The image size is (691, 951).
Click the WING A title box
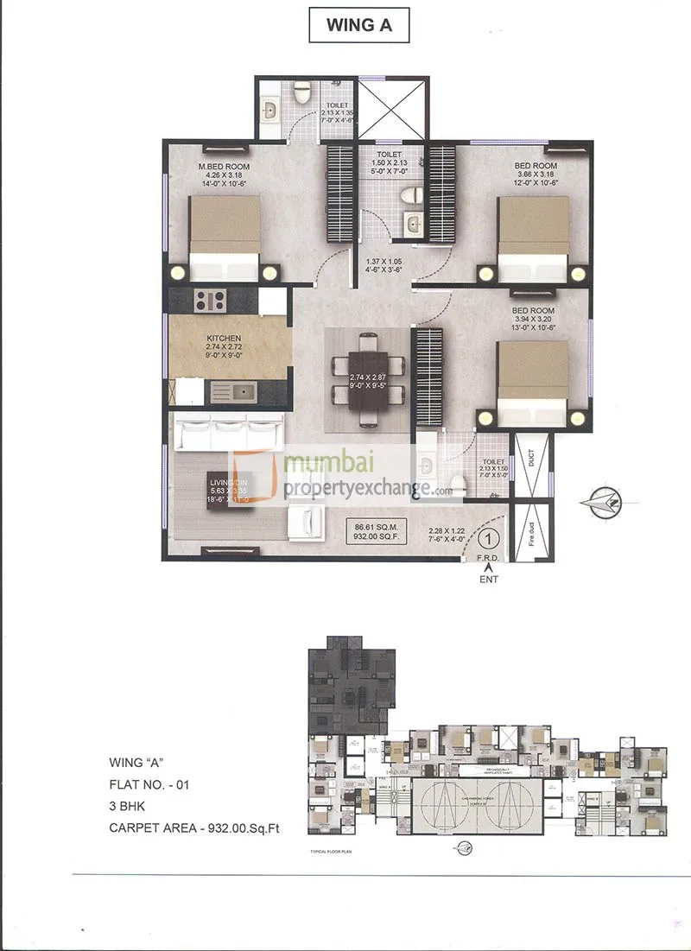pos(358,25)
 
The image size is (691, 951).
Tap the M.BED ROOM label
pos(224,166)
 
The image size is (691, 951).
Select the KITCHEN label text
pos(223,339)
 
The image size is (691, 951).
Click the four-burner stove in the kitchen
pos(210,301)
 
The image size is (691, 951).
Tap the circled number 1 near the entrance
pos(489,539)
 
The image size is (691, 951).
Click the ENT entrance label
pos(490,580)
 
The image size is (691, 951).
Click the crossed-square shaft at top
pos(393,110)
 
